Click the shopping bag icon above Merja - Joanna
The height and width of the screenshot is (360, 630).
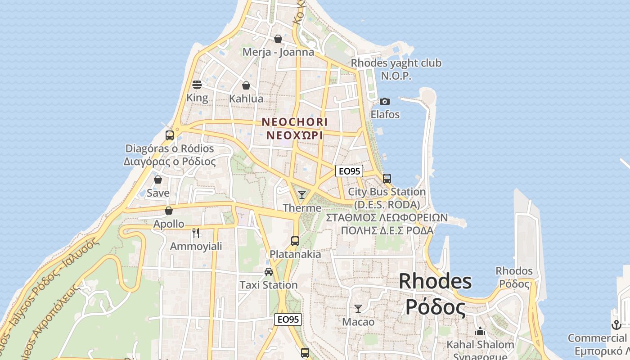(278, 39)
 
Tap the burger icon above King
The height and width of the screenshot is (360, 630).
(197, 84)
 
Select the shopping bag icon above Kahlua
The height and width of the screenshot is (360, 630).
(246, 85)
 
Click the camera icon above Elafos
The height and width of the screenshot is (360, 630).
(385, 101)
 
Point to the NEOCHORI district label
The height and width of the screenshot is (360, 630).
(295, 122)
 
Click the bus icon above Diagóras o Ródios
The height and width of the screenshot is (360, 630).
(170, 135)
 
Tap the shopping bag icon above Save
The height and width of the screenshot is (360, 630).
(158, 180)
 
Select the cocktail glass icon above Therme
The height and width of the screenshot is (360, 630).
(302, 195)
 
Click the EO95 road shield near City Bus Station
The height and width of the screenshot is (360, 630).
(349, 171)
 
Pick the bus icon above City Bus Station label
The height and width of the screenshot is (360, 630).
(387, 179)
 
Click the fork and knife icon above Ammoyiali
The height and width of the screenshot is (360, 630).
(196, 233)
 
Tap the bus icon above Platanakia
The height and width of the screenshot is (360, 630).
(295, 241)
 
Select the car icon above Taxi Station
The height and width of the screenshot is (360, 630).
(269, 272)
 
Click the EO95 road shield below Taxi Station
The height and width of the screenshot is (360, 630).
(288, 319)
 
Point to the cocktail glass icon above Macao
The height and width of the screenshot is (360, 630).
(358, 309)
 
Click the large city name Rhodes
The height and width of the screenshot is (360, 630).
(435, 282)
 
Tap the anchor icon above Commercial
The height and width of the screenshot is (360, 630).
(616, 325)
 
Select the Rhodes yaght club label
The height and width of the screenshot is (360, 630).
(396, 63)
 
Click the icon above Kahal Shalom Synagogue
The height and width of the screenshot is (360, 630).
(480, 332)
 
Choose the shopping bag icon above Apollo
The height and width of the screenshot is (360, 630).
(169, 211)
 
